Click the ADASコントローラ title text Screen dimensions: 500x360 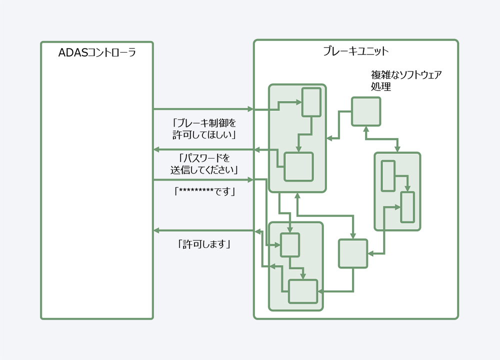[97, 52]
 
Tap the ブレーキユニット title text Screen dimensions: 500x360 [356, 51]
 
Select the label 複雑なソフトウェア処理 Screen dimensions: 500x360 [406, 80]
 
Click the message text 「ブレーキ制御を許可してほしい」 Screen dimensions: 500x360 [204, 129]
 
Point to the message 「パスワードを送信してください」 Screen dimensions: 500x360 [204, 164]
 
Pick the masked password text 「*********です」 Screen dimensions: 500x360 [204, 191]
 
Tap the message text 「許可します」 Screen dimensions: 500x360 [204, 244]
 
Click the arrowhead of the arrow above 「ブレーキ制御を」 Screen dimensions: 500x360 [250, 109]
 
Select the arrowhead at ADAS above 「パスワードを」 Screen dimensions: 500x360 [156, 149]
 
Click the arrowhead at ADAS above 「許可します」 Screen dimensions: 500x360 [156, 230]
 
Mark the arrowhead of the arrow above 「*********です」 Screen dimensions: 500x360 [250, 180]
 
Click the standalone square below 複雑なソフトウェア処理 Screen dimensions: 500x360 [366, 111]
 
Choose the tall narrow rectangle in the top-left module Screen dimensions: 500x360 [311, 102]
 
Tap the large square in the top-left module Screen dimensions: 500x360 [298, 167]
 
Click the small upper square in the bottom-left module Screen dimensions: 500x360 [289, 245]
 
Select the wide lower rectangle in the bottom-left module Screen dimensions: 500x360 [303, 291]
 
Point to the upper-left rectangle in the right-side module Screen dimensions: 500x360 [388, 176]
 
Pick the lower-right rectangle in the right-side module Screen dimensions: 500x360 [407, 207]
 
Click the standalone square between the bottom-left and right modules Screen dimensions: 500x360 [353, 253]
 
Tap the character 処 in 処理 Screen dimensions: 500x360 [375, 86]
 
